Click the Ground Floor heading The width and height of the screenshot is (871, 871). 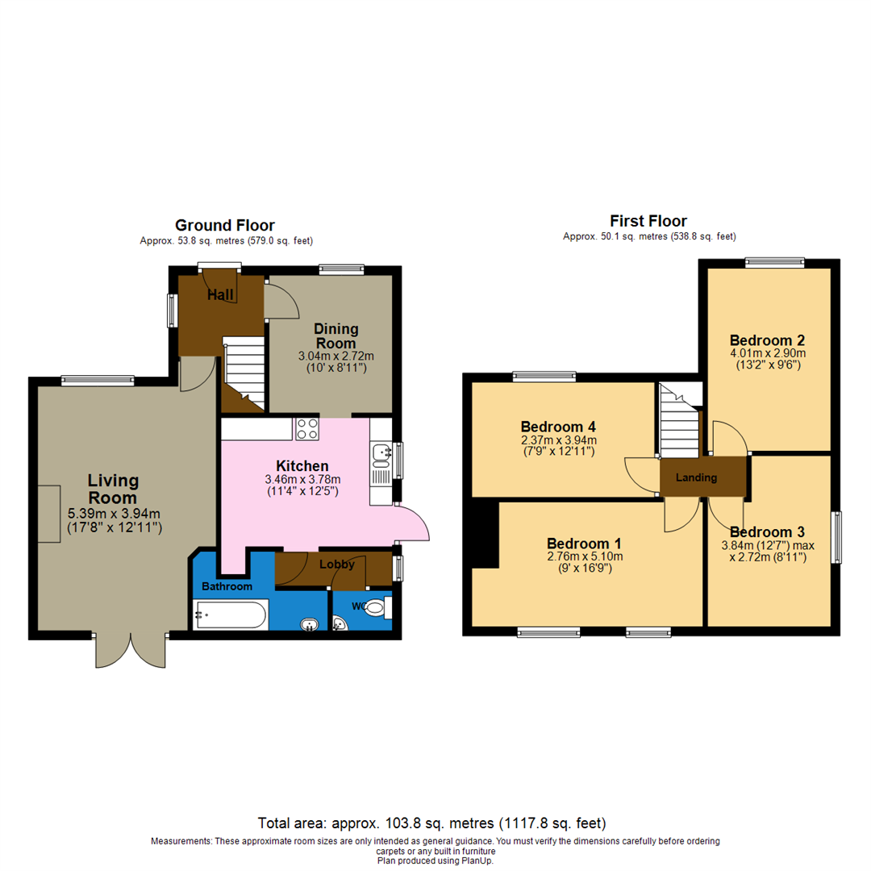(224, 225)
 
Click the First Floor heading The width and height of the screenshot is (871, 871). (648, 221)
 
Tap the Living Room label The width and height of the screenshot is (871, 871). (113, 489)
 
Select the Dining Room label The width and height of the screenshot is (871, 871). (335, 336)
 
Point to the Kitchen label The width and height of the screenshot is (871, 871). (302, 465)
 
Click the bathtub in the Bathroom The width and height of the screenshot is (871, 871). (230, 615)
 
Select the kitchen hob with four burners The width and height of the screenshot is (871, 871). (306, 429)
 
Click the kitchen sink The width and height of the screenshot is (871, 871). (381, 456)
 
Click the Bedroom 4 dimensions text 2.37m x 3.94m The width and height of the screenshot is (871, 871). (557, 440)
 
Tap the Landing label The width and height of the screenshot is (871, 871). (696, 477)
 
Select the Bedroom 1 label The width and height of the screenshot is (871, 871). (584, 542)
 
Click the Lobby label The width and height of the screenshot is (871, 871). (335, 565)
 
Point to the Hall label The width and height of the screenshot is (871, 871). (220, 296)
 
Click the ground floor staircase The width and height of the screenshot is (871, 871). (244, 371)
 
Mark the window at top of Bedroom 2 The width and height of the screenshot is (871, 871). (774, 260)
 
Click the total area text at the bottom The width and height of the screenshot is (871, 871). (431, 823)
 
